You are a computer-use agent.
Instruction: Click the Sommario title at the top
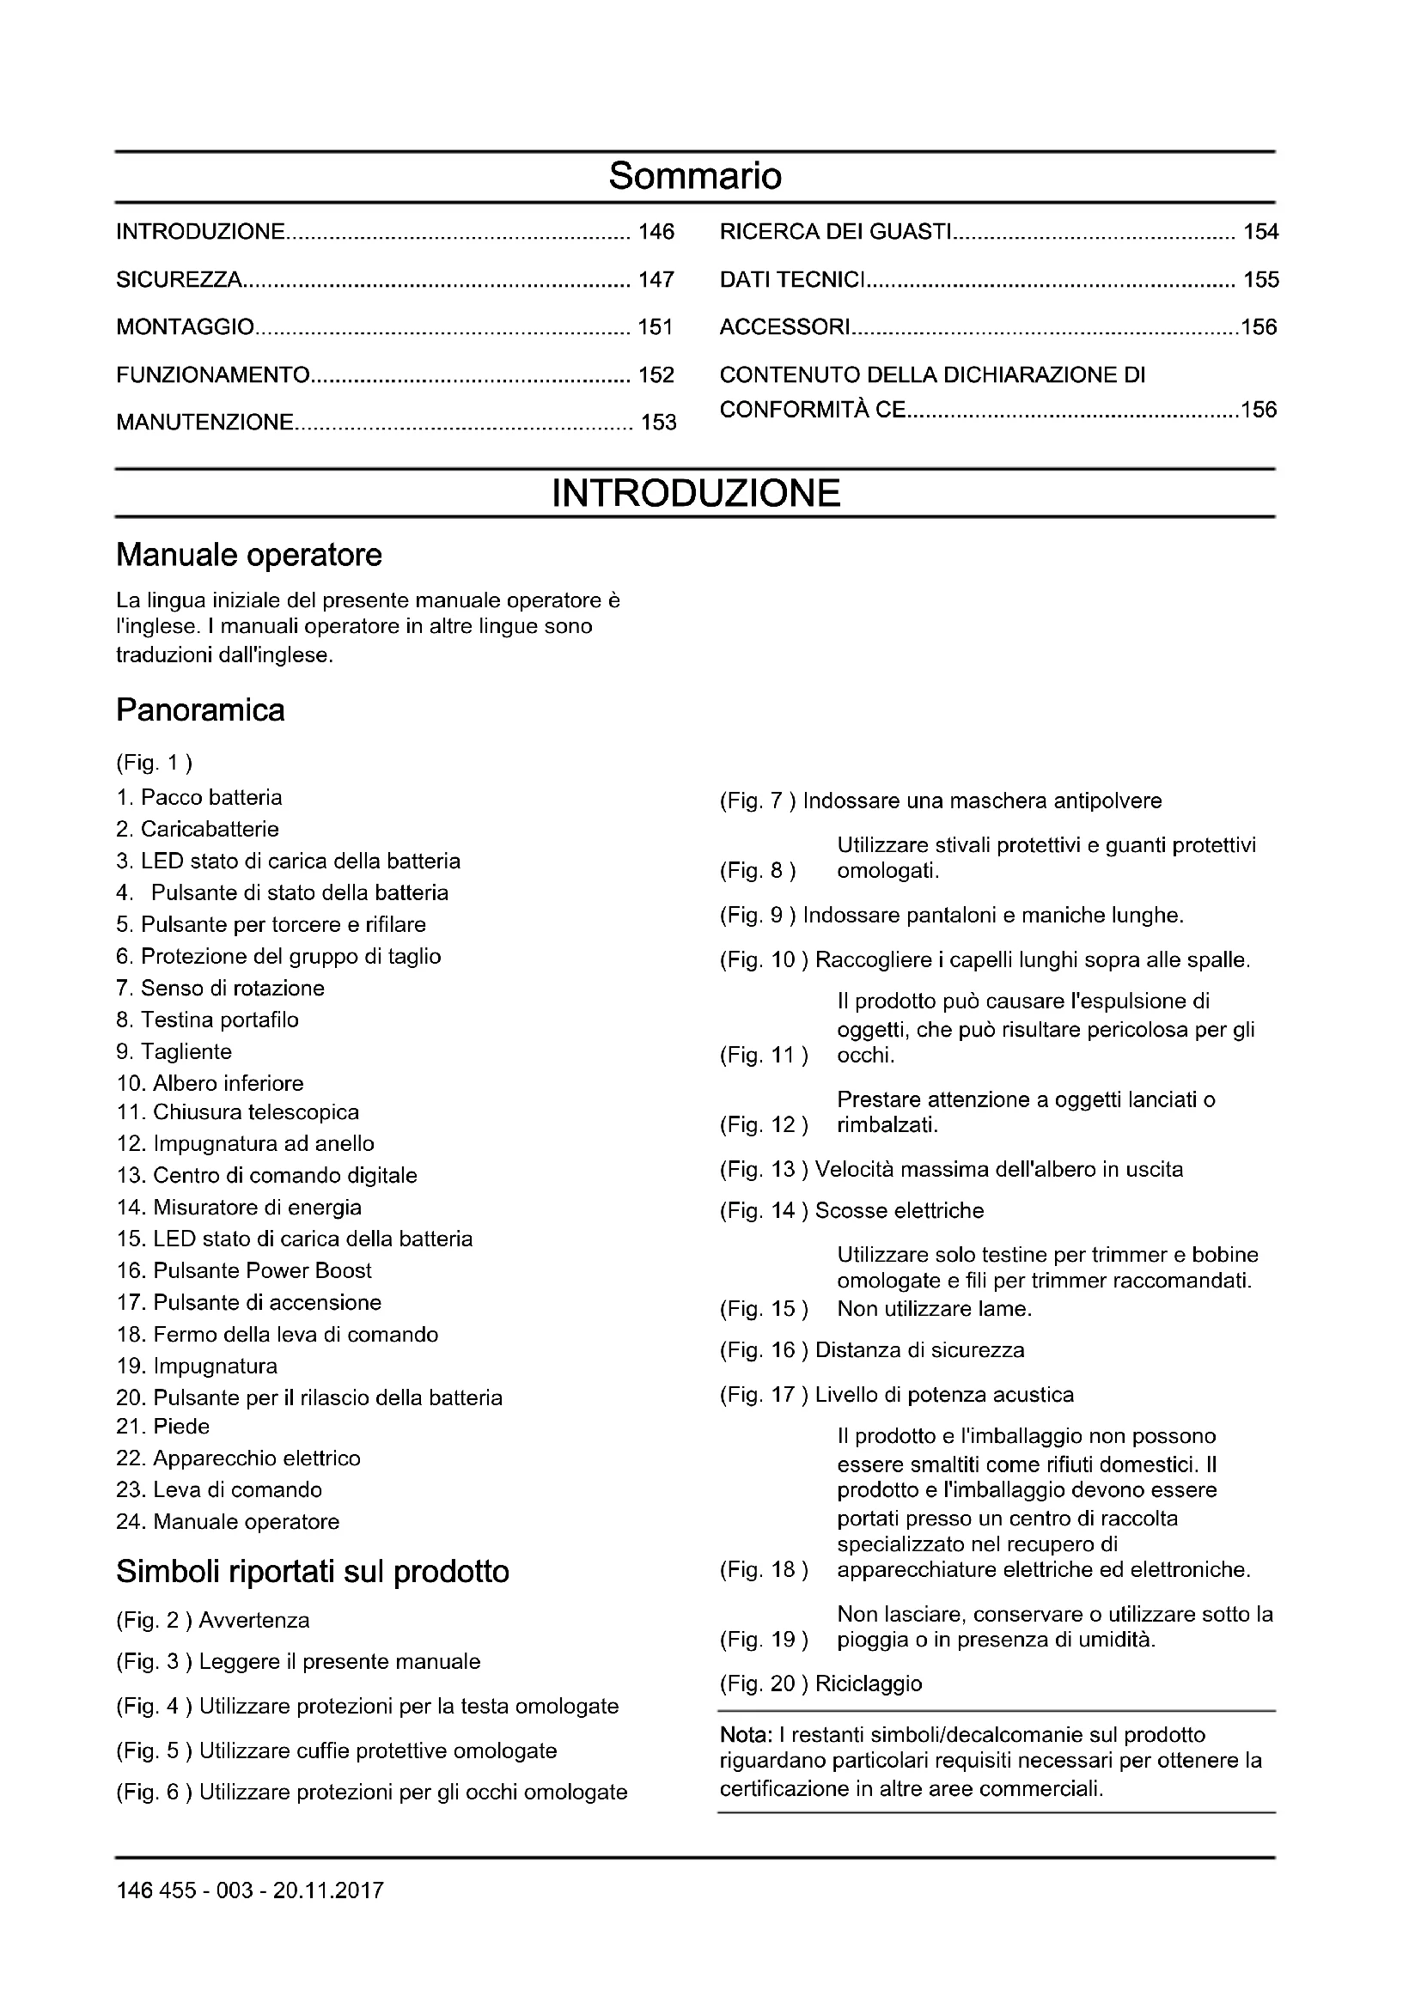point(695,176)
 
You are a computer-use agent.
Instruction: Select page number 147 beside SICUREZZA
point(656,280)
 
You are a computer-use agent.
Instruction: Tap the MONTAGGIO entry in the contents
point(186,327)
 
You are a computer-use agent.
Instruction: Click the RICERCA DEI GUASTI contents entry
point(835,232)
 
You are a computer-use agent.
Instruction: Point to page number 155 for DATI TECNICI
point(1260,280)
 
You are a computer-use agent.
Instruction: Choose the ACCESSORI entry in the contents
point(784,327)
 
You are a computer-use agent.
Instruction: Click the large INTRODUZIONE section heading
point(696,494)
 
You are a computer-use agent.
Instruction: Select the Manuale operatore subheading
point(249,555)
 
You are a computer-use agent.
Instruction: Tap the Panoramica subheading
point(200,709)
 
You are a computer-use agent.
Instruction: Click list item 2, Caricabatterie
point(198,829)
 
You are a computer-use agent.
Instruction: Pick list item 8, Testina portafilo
point(207,1020)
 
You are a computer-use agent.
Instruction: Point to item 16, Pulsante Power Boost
point(244,1270)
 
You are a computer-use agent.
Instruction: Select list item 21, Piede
point(163,1427)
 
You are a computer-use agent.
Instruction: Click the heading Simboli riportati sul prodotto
point(313,1573)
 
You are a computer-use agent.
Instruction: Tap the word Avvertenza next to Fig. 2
point(253,1621)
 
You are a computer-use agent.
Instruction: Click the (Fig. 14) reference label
point(764,1211)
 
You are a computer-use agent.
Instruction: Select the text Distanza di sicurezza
point(919,1350)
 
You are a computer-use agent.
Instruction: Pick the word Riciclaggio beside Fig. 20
point(868,1683)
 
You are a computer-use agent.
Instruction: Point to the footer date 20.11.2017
point(328,1890)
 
